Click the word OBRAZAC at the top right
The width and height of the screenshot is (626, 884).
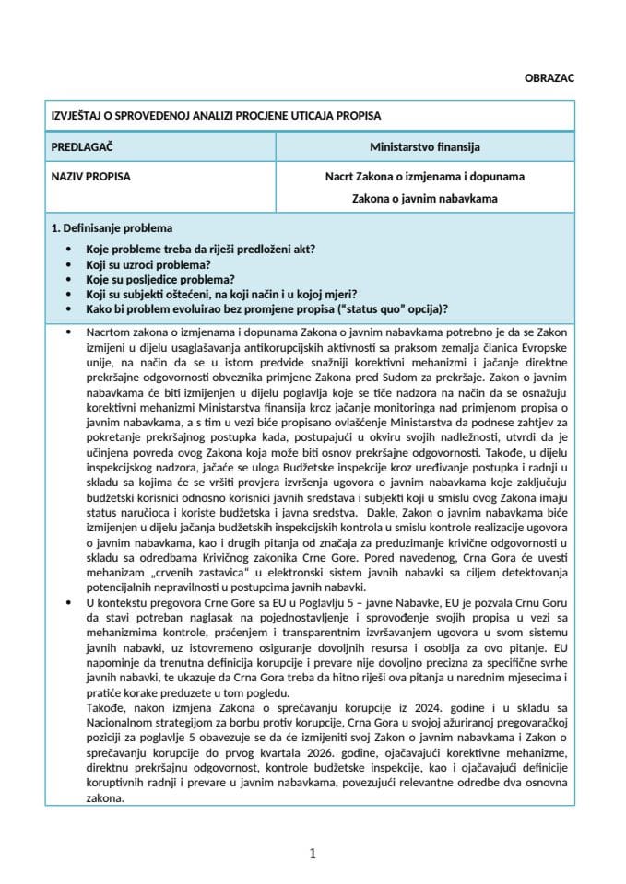tap(549, 78)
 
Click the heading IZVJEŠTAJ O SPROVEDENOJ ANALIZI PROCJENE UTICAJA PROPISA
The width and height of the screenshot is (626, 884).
tap(216, 116)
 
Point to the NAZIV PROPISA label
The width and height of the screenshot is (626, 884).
tap(90, 175)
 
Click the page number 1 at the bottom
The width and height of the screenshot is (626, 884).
tap(313, 854)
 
